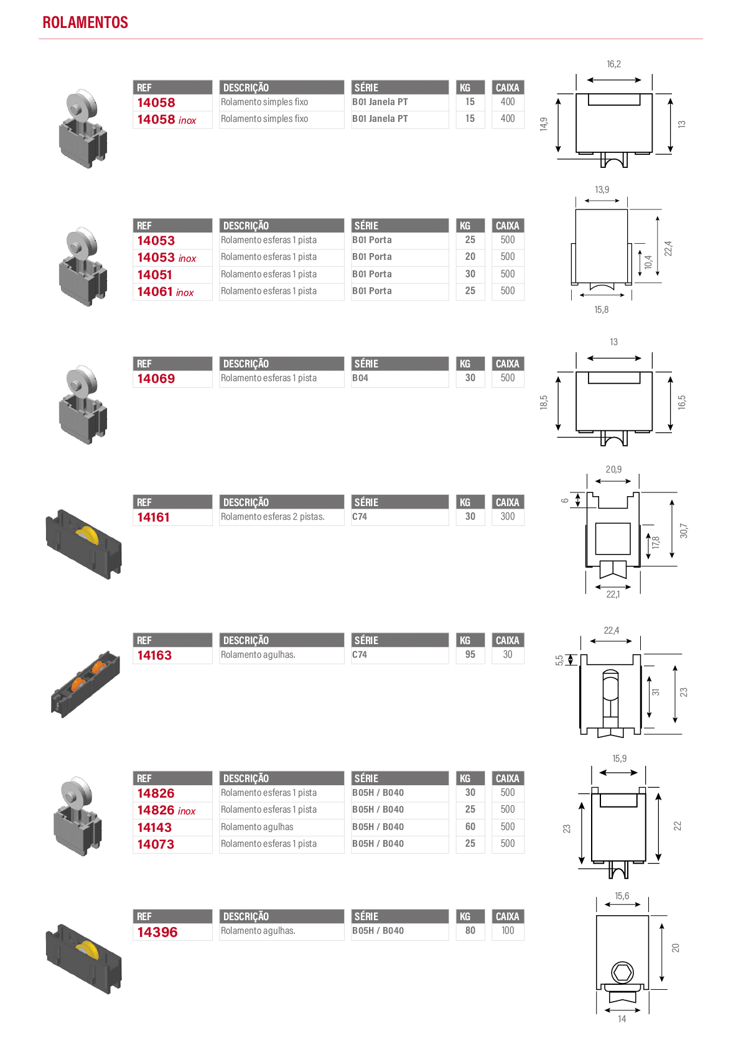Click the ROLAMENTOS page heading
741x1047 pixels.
point(85,22)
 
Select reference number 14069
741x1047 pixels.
point(156,379)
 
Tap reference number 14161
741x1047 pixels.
point(154,517)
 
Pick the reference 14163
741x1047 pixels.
point(154,655)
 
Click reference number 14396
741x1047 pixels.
point(157,932)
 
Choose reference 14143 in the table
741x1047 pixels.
point(154,828)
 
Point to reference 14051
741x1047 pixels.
point(154,274)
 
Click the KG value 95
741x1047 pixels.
point(470,654)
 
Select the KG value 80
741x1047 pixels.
point(470,931)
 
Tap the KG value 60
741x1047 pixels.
point(470,826)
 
